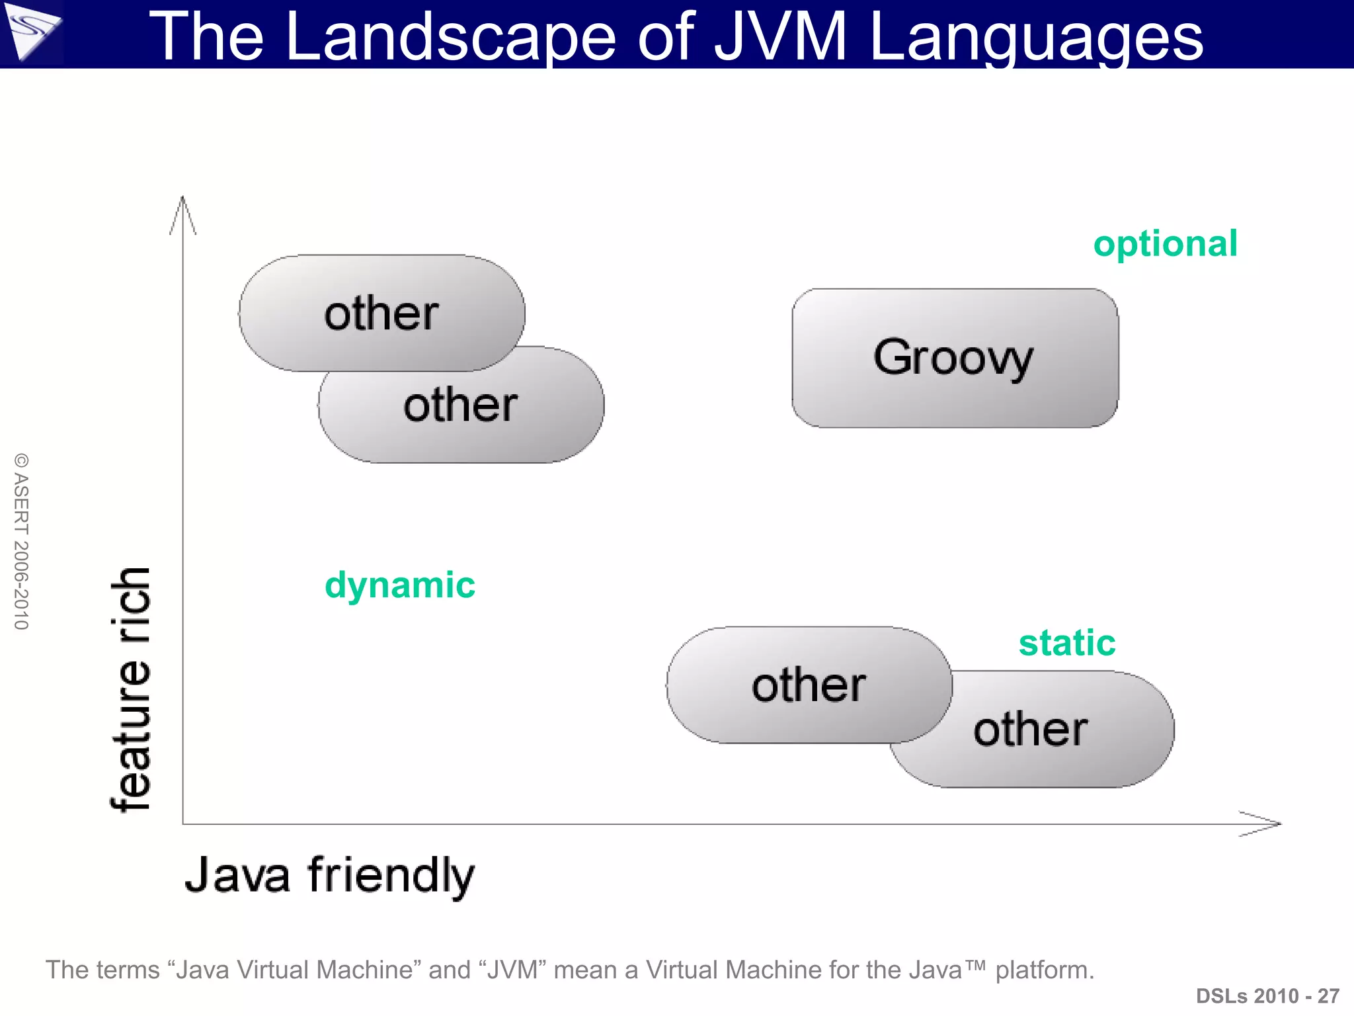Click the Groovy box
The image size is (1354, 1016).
[955, 358]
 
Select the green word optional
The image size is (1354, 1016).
[1165, 244]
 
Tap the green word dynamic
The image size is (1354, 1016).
[399, 585]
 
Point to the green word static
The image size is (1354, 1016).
[1066, 643]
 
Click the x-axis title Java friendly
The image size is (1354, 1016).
[329, 876]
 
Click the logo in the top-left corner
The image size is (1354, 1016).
[32, 33]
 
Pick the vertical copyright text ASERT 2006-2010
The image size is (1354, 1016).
[21, 541]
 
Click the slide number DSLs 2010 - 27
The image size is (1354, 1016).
[1267, 995]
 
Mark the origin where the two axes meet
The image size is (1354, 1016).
[183, 824]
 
